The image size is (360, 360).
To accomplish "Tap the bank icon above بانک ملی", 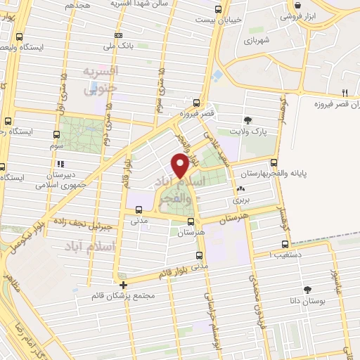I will (118, 35).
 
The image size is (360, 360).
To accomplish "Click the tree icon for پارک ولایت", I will (247, 120).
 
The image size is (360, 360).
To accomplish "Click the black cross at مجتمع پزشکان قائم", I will (124, 285).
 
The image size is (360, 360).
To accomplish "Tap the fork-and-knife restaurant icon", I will (345, 93).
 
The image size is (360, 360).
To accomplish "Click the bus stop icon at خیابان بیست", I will (218, 9).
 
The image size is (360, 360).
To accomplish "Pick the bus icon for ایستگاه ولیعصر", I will (19, 37).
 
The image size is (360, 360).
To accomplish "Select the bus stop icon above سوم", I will (56, 133).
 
